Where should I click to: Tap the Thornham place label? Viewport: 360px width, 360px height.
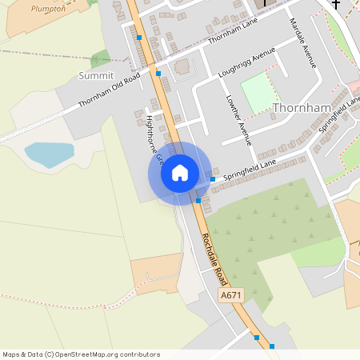coord(301,107)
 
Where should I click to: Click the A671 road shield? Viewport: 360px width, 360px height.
coord(230,296)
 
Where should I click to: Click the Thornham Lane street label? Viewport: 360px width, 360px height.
coord(234,33)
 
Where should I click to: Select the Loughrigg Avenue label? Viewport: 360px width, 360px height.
coord(246,62)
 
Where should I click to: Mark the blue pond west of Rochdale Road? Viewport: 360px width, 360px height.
coord(48,154)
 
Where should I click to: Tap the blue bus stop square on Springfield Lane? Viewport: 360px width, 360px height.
coord(212,179)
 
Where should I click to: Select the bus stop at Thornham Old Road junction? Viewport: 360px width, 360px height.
coord(158,74)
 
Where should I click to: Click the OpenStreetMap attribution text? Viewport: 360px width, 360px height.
coord(81,354)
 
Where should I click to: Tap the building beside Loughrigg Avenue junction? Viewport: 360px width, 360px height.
coord(183,66)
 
